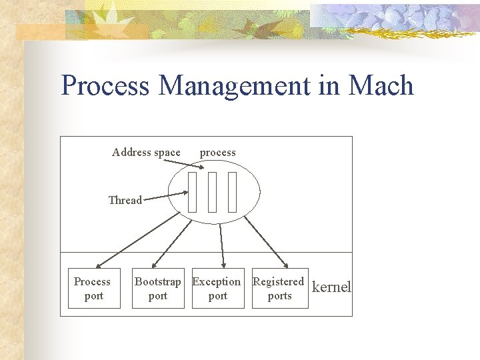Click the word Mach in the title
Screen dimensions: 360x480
pos(381,85)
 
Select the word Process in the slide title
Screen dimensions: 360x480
pos(105,86)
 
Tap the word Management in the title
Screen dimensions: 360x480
pos(235,86)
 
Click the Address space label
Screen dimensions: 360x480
pos(146,152)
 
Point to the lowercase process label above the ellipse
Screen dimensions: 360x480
pos(217,152)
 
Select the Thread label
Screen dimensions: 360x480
pos(125,200)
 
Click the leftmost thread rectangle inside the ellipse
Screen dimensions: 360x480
pos(193,192)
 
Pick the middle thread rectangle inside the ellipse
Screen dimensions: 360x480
pos(213,192)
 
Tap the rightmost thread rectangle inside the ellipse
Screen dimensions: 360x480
pos(232,192)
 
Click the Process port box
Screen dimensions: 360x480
pos(94,288)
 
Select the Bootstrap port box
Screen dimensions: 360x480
pos(158,288)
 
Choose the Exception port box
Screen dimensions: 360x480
pos(217,288)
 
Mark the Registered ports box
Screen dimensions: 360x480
pos(279,288)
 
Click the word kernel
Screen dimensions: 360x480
pos(331,287)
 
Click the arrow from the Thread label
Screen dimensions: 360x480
pos(165,196)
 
